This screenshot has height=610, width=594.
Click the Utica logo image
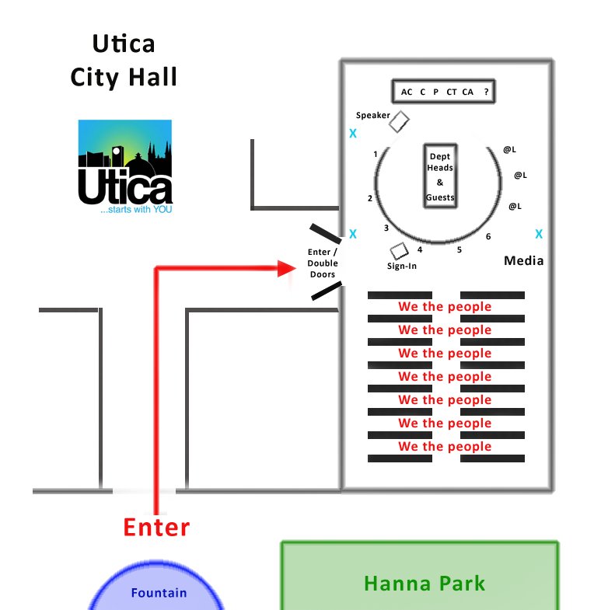[125, 168]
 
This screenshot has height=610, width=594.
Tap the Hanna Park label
[425, 583]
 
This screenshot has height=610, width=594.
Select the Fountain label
[159, 593]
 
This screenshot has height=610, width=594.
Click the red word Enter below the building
[156, 528]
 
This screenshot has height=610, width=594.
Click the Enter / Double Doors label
[323, 263]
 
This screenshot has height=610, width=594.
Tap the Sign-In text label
[402, 267]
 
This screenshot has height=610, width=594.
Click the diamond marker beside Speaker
[399, 121]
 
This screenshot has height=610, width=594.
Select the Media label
[524, 260]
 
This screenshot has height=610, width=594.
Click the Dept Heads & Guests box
[439, 176]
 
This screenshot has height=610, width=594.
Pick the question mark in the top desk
[486, 92]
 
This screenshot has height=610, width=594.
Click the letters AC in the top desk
[407, 92]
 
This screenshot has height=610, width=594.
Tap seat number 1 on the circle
[376, 154]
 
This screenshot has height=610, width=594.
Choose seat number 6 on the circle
[488, 236]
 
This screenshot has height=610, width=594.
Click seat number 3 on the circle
[386, 228]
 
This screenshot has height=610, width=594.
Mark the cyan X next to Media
[539, 234]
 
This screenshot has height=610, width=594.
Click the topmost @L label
[510, 148]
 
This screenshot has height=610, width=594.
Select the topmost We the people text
[445, 306]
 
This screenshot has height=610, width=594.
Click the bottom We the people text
[445, 446]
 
